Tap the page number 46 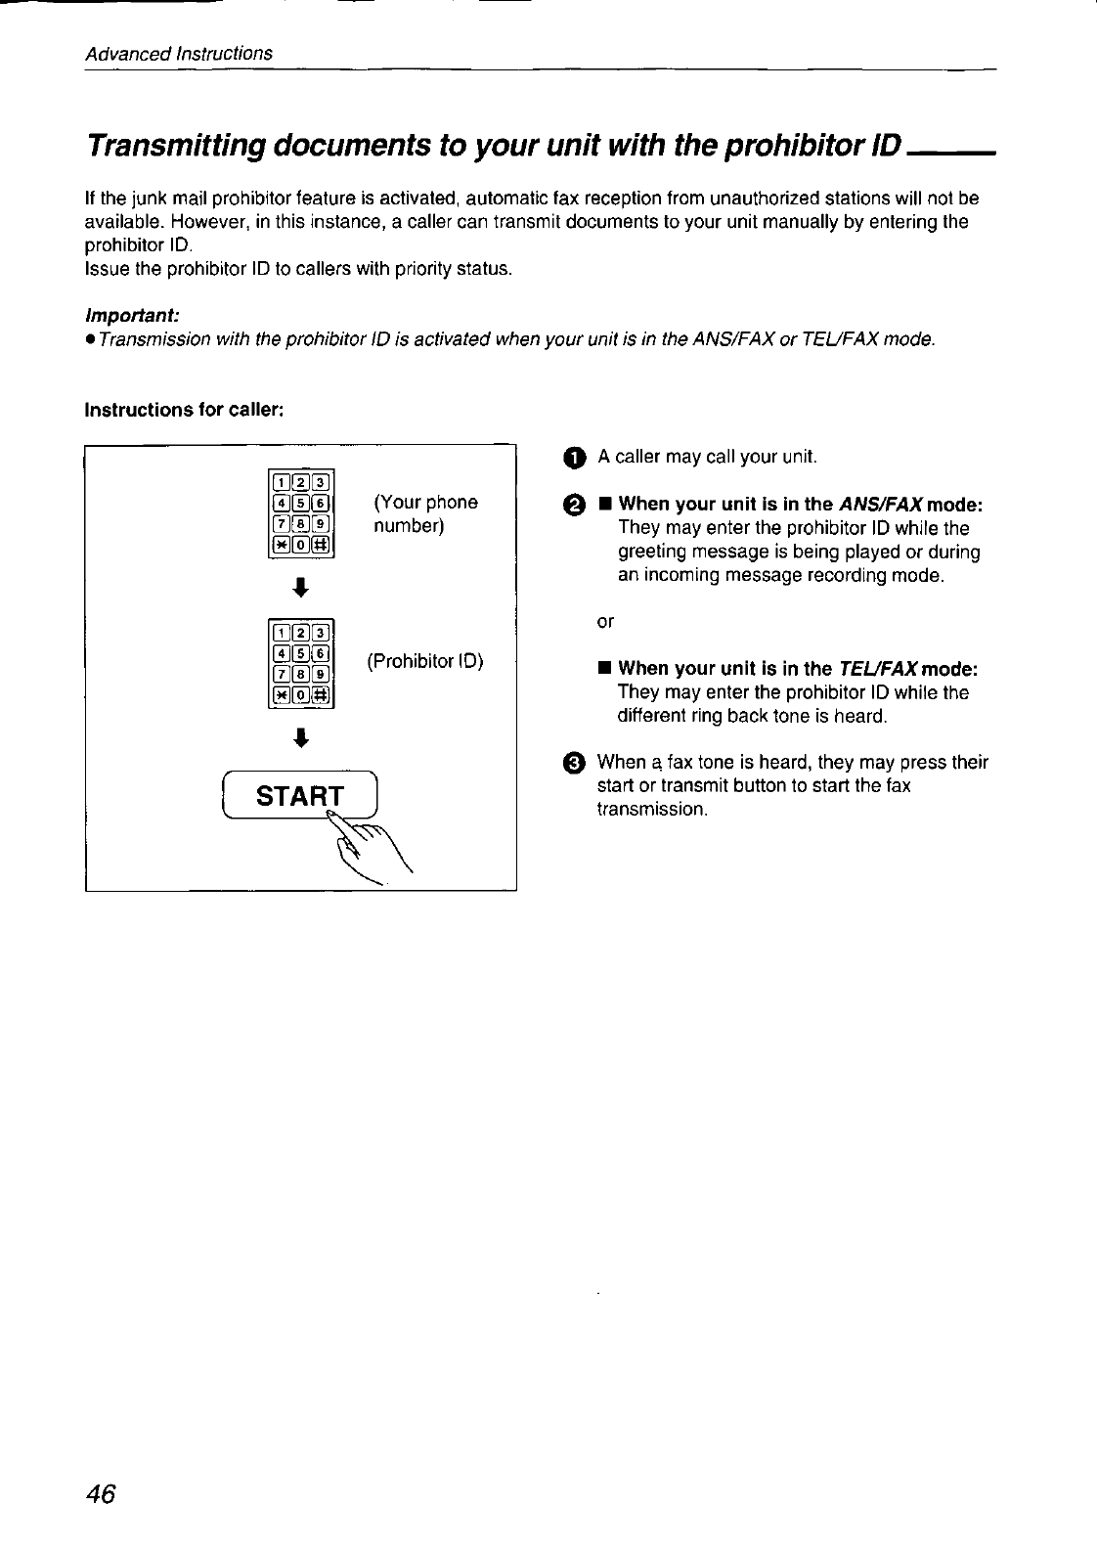[101, 1495]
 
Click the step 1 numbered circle [575, 458]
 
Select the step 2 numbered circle [575, 506]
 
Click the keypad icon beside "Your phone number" [302, 514]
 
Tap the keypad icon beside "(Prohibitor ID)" [302, 662]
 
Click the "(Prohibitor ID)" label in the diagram [425, 661]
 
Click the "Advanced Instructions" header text [179, 53]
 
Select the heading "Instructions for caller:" [185, 409]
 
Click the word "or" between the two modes [606, 622]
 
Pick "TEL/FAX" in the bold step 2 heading [878, 669]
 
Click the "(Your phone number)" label [425, 514]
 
